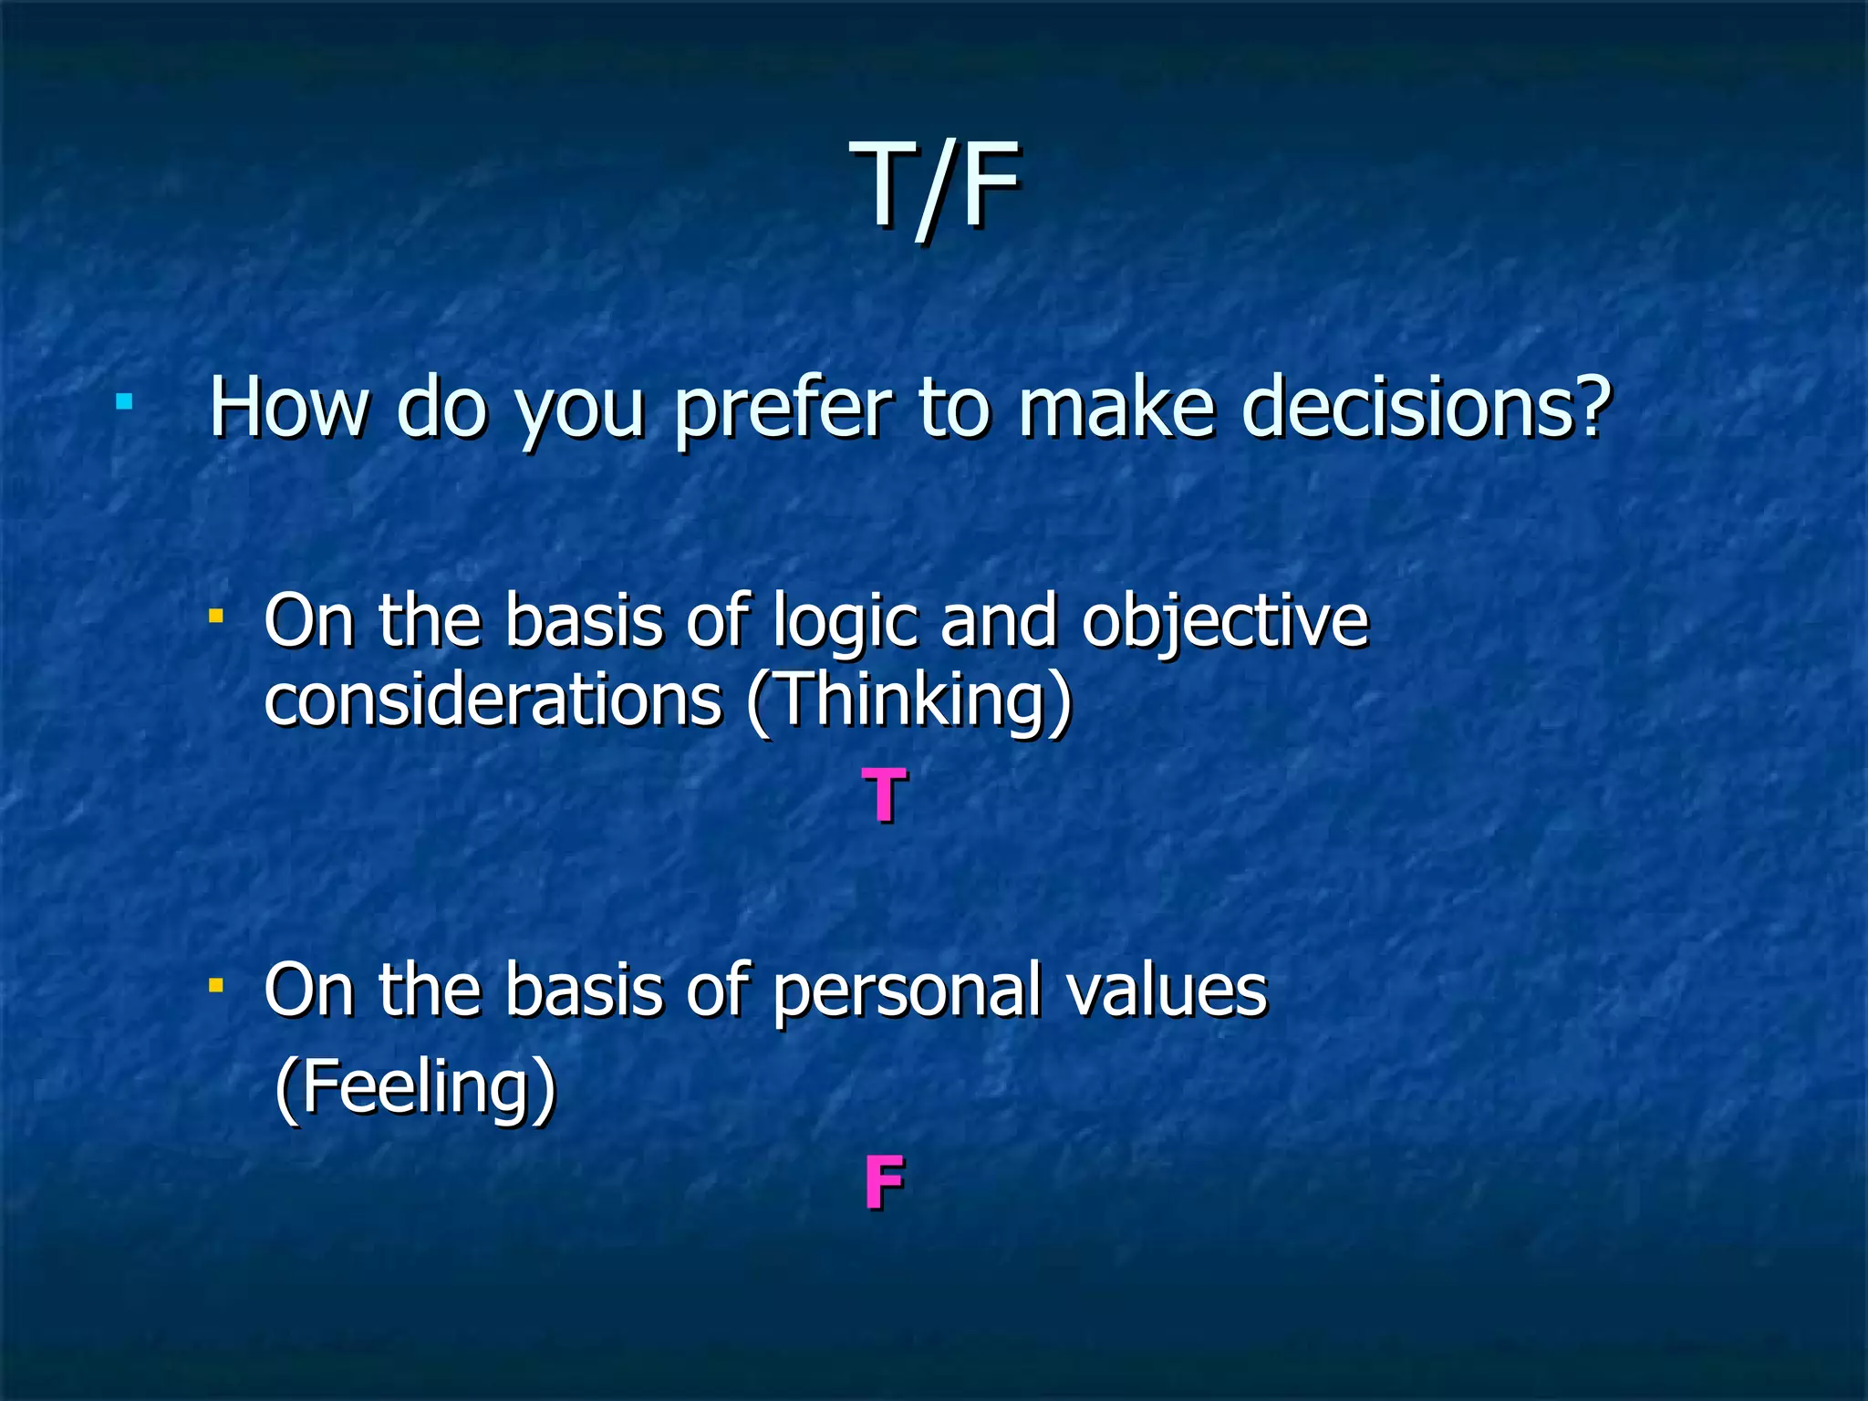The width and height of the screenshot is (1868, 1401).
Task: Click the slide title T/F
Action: coord(934,187)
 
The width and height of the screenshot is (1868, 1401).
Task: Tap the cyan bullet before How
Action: coord(125,401)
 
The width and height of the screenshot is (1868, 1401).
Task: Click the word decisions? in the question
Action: coord(1426,408)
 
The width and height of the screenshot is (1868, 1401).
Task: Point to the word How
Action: coord(289,408)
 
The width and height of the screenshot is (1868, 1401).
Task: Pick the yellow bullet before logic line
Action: coord(216,617)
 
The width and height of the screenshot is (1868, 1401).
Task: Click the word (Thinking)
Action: coord(908,702)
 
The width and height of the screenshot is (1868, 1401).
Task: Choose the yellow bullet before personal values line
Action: coord(216,985)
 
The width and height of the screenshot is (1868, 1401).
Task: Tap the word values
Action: coord(1167,991)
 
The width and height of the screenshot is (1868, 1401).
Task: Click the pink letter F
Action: coord(884,1182)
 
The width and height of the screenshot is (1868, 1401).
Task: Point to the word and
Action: coord(998,621)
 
